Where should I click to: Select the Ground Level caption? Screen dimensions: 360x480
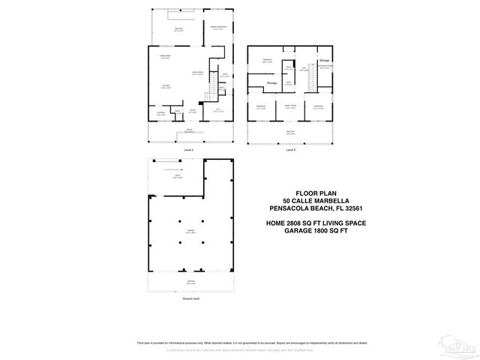tap(190, 298)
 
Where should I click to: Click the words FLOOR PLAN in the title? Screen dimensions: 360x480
tap(309, 193)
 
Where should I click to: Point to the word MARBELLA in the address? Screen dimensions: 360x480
tap(327, 200)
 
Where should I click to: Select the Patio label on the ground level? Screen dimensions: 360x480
tap(178, 177)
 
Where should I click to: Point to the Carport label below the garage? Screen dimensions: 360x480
tap(190, 282)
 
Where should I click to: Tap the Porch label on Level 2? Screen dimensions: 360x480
tap(188, 130)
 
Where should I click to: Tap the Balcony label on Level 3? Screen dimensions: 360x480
tap(290, 133)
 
